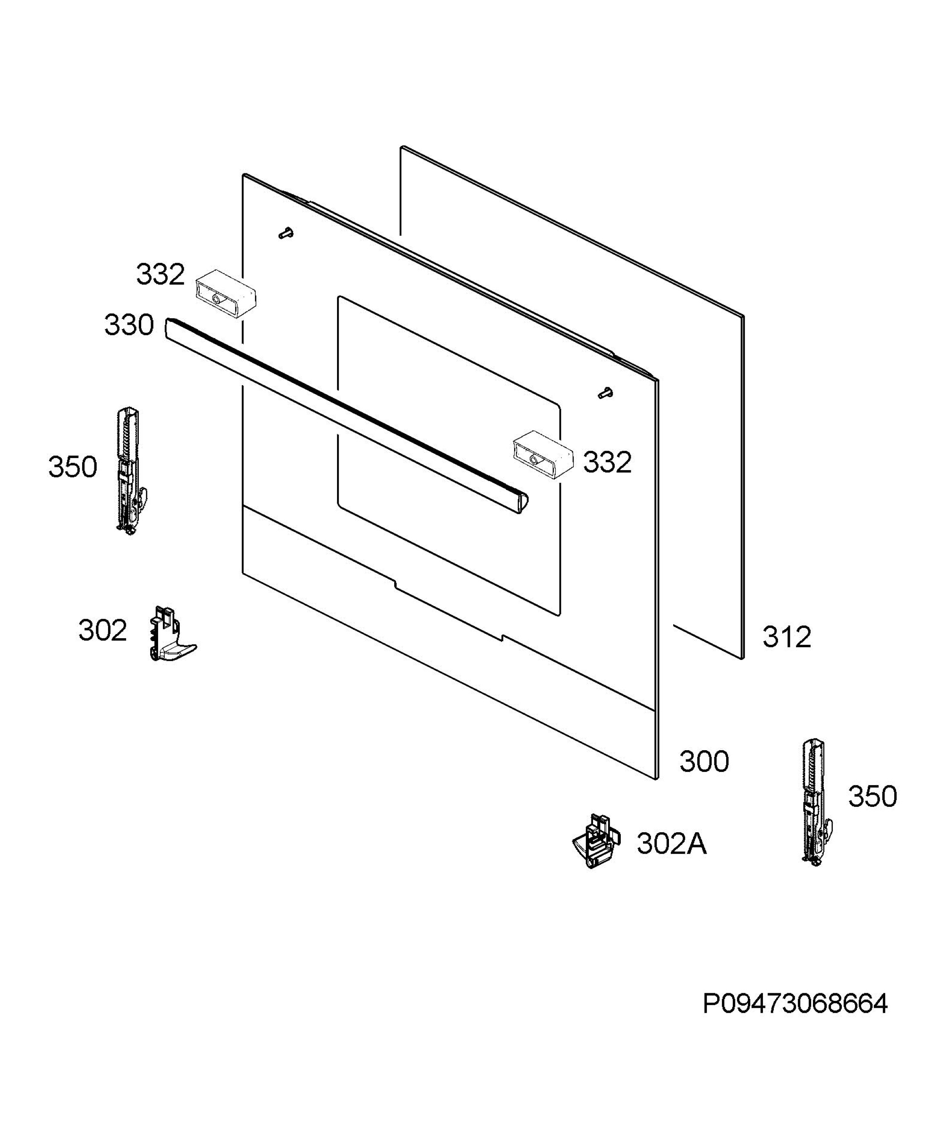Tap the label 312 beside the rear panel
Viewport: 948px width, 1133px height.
point(786,637)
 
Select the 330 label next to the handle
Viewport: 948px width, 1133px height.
point(129,325)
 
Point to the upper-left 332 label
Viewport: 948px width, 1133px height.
point(160,275)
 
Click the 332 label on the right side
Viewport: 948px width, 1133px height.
point(607,462)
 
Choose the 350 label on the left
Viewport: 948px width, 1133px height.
point(73,467)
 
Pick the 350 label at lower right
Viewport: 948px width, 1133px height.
point(872,796)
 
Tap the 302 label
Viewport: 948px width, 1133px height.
point(102,630)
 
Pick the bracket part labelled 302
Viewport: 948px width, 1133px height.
point(170,634)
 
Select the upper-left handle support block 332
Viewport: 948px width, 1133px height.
point(226,294)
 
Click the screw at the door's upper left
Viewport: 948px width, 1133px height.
point(287,233)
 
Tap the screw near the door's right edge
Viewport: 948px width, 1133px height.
point(605,393)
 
